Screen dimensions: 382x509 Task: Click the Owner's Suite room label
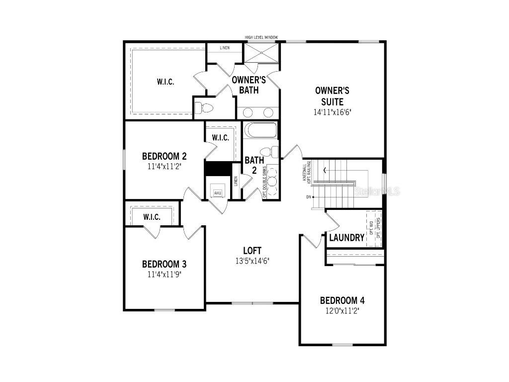(x=332, y=96)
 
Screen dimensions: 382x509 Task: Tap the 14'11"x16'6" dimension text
(x=332, y=112)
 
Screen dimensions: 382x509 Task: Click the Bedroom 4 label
(x=342, y=300)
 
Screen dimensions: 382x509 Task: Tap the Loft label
(x=252, y=250)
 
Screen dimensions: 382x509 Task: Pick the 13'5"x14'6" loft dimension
(x=252, y=261)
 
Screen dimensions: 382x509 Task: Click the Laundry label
(x=346, y=238)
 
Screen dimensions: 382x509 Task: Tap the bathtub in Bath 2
(x=260, y=130)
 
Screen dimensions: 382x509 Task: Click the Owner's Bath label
(x=249, y=85)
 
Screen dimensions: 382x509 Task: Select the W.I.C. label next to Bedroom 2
(x=220, y=138)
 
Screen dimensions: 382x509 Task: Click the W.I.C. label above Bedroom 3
(x=152, y=217)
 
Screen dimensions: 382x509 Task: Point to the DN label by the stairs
(x=309, y=197)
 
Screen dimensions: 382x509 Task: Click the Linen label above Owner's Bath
(x=225, y=48)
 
